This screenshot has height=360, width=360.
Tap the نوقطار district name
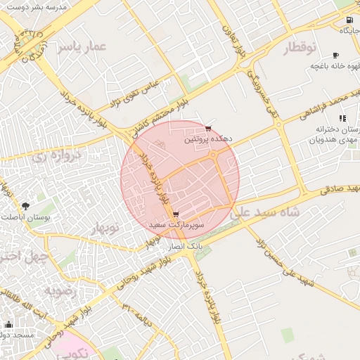(302, 48)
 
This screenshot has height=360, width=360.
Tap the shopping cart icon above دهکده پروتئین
(208, 128)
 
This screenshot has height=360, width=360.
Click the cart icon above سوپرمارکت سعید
(175, 214)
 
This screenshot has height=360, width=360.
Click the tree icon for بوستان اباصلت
(26, 206)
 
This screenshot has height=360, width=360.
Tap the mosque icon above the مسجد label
(8, 324)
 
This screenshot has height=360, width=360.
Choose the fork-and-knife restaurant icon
(342, 118)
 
